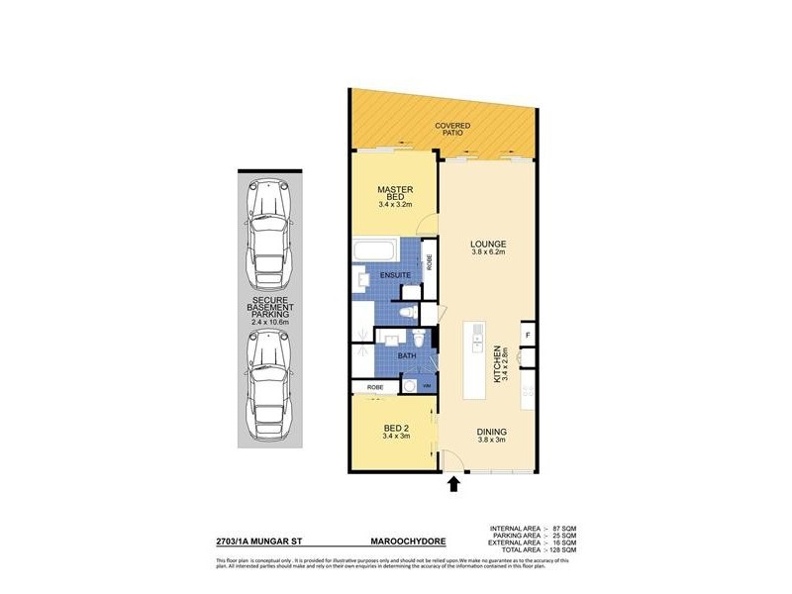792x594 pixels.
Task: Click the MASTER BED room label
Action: point(395,192)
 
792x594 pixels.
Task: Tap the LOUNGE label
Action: point(488,244)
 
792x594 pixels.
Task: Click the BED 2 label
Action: point(397,429)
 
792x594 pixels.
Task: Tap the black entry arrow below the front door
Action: point(454,483)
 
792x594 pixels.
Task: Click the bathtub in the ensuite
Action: point(375,247)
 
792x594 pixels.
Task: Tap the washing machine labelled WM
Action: point(427,385)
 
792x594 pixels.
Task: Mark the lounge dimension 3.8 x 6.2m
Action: point(488,252)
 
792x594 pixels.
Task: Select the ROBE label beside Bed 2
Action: point(375,386)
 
